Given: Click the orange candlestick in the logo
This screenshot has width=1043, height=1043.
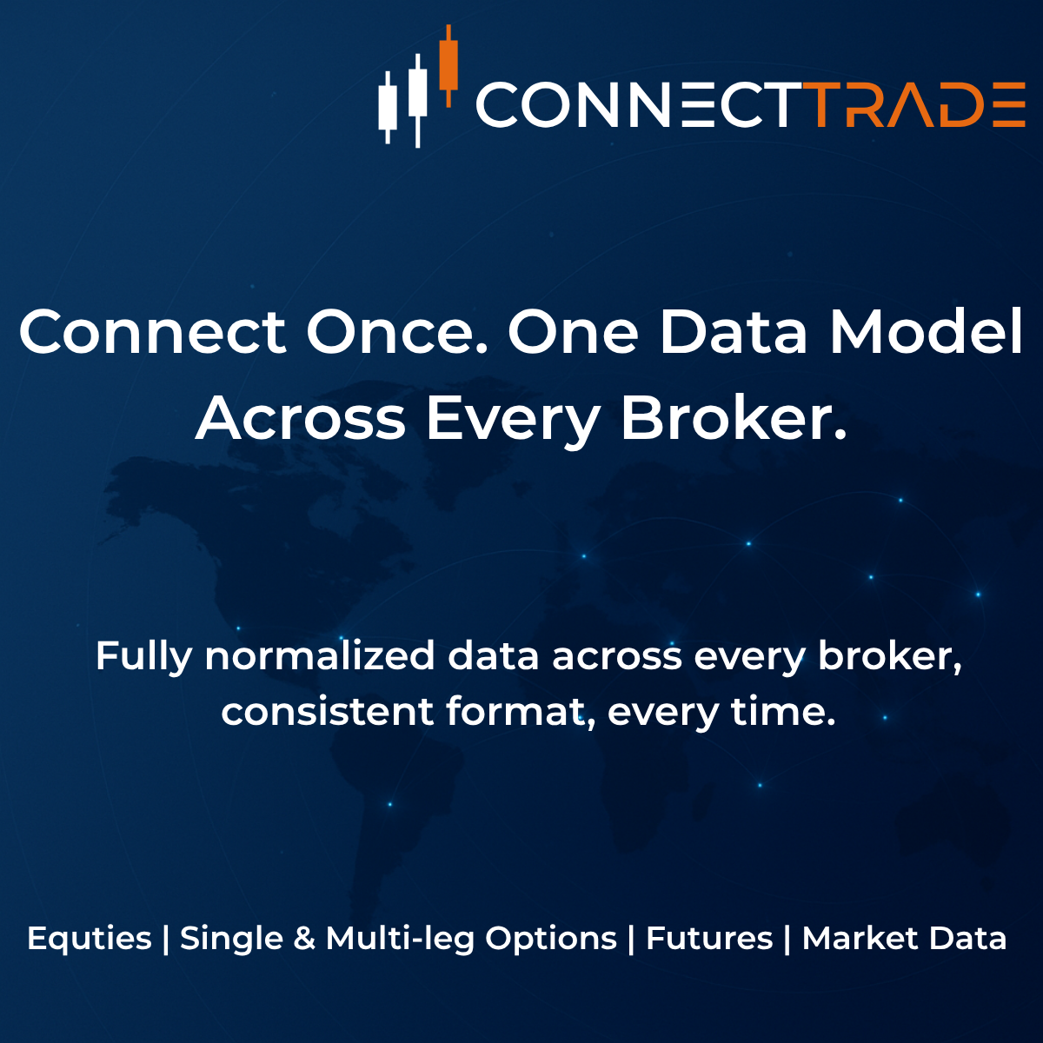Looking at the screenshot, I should [448, 64].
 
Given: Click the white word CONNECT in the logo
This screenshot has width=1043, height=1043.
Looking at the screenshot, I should [634, 106].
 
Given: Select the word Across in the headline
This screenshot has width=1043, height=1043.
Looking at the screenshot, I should [301, 418].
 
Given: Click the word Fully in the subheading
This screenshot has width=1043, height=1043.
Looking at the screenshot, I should [143, 656].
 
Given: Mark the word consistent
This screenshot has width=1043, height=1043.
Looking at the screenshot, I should [327, 712].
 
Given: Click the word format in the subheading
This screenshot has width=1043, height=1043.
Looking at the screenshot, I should [518, 712].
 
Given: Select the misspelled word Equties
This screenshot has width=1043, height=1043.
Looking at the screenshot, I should [90, 940].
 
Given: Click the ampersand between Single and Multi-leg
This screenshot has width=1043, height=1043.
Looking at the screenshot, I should [304, 940].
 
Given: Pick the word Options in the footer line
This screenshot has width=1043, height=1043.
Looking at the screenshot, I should [551, 940].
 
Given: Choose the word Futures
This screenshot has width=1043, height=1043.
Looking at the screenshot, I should [709, 940].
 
